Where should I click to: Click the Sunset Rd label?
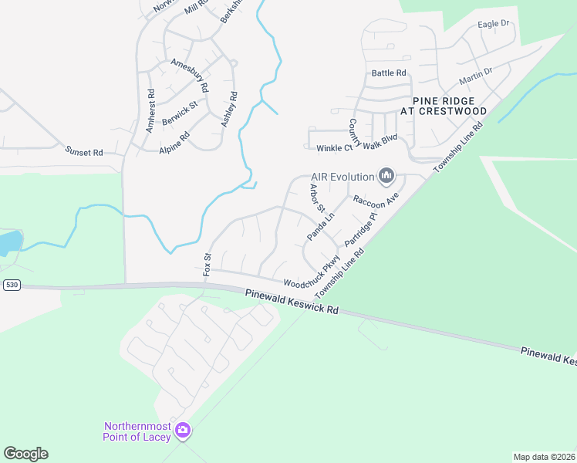[84, 152]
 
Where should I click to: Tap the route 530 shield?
[11, 285]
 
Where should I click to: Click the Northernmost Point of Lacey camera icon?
[183, 430]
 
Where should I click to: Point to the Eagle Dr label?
[494, 24]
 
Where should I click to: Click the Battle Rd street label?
[389, 73]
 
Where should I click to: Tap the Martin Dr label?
[475, 76]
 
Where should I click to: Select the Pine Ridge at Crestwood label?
[450, 106]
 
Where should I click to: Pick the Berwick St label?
[180, 113]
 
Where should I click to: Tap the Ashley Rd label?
[229, 110]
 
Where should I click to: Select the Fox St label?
[207, 264]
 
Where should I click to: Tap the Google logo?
[26, 454]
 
